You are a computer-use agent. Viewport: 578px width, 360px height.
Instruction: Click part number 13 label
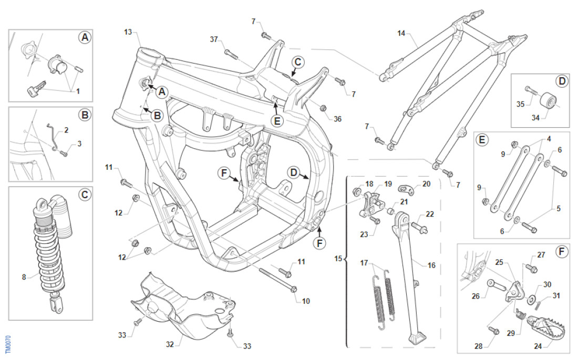pyautogui.click(x=128, y=32)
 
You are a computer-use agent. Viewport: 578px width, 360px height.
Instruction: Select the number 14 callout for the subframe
pyautogui.click(x=401, y=33)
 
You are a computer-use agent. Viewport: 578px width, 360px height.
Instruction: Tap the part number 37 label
pyautogui.click(x=214, y=39)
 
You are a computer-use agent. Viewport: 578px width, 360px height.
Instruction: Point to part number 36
pyautogui.click(x=337, y=119)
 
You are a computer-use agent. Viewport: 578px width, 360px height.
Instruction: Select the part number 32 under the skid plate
pyautogui.click(x=170, y=345)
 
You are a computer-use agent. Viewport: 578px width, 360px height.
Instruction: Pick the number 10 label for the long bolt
pyautogui.click(x=306, y=301)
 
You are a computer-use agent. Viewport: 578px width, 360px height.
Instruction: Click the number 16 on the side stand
pyautogui.click(x=431, y=265)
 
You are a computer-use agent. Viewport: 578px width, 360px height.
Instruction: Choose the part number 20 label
pyautogui.click(x=426, y=184)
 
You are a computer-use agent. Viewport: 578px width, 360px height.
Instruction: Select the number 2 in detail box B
pyautogui.click(x=67, y=129)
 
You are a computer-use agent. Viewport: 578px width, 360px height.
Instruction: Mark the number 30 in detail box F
pyautogui.click(x=547, y=284)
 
